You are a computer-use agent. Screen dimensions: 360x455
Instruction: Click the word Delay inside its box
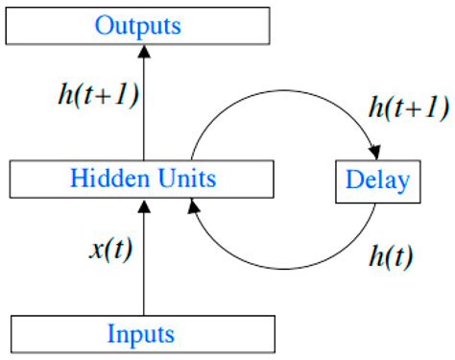point(377,180)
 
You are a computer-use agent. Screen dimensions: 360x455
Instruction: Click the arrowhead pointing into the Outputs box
point(143,52)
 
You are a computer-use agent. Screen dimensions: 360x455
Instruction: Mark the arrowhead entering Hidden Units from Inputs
point(143,204)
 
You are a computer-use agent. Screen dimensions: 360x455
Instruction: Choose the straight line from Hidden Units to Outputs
point(143,110)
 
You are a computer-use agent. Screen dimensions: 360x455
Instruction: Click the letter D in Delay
point(354,180)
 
